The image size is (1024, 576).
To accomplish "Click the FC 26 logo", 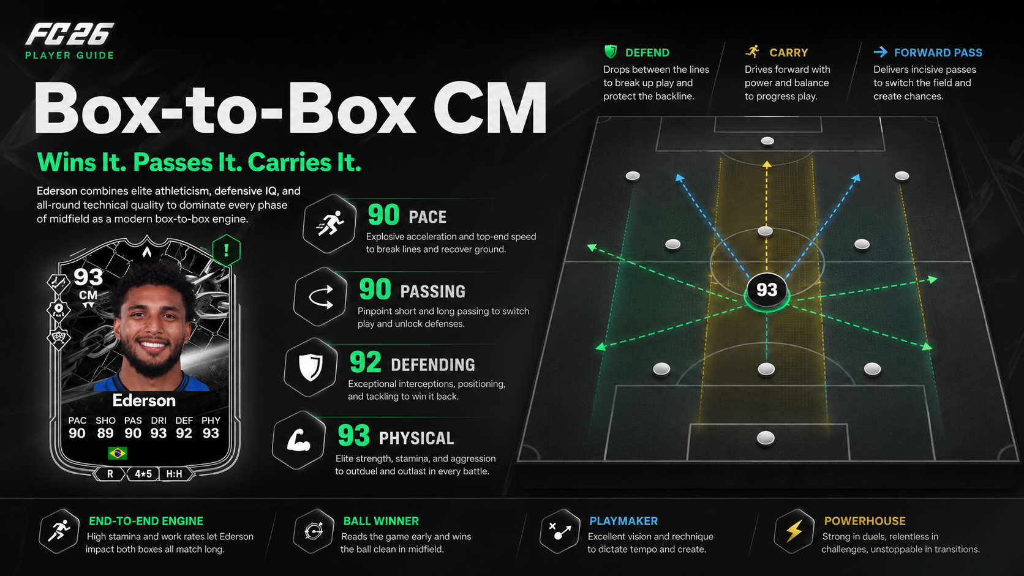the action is [x=69, y=34].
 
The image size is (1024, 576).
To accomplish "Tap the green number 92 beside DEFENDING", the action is [x=365, y=362].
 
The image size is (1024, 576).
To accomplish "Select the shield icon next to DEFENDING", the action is [x=311, y=367].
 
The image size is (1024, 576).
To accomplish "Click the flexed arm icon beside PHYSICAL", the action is [x=298, y=440].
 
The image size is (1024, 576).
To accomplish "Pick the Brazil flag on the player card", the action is [x=118, y=453].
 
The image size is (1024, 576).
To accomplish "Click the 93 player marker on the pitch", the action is [x=767, y=291].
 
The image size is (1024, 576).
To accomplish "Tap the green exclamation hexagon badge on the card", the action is [x=226, y=250].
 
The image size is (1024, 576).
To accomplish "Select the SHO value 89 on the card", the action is [x=105, y=433].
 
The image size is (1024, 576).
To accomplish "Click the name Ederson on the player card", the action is [x=144, y=400].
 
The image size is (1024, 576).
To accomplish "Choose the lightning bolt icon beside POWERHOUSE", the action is [x=794, y=531].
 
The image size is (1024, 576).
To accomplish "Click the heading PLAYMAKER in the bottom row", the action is [x=623, y=521].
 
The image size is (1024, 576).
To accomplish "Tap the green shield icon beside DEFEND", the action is [x=611, y=51].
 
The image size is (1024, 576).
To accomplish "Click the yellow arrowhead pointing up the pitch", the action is [x=767, y=165].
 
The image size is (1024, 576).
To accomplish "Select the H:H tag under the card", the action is [x=174, y=474].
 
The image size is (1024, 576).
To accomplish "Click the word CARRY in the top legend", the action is [x=789, y=53].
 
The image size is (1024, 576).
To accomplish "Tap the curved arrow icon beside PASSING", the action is [x=321, y=297].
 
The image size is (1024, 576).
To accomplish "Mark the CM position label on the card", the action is [x=88, y=295].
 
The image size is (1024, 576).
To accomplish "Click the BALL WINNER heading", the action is [x=381, y=521].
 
